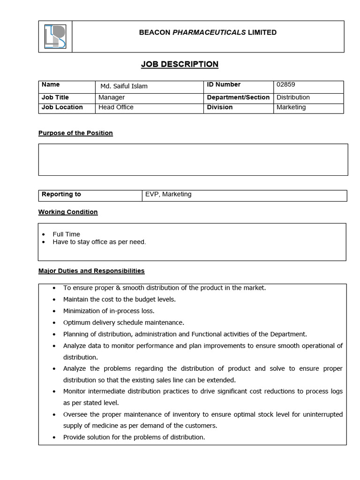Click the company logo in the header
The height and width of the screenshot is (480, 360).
tap(55, 37)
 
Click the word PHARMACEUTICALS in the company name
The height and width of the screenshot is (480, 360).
tap(209, 32)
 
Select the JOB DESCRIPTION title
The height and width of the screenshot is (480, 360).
tap(180, 64)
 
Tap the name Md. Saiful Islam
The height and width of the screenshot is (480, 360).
tap(124, 86)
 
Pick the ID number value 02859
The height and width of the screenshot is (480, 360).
tap(286, 85)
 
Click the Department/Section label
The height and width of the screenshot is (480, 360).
tap(238, 97)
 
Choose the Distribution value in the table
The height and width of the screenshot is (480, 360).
tap(293, 97)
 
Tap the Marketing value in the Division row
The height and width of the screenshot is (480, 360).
tap(291, 107)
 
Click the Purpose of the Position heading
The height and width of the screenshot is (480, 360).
tap(75, 133)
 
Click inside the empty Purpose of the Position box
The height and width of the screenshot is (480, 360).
tap(193, 159)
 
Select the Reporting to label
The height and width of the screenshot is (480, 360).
tap(61, 194)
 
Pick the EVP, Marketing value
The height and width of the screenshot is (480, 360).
tap(168, 194)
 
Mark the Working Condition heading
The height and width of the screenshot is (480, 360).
tap(68, 212)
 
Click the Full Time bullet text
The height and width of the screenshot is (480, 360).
tap(66, 234)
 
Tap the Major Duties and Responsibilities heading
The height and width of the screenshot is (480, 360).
tap(91, 271)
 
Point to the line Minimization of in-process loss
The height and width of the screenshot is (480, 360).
tap(109, 311)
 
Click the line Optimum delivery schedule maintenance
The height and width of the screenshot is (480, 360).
tap(124, 322)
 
